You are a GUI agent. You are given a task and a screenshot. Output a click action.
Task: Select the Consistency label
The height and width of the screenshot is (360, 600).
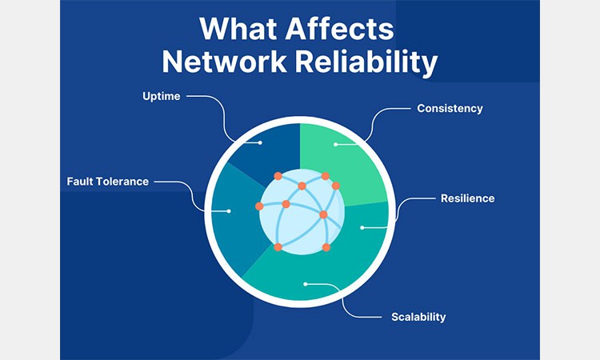[x=450, y=108]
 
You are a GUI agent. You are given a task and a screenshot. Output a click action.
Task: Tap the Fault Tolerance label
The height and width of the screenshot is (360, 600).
[x=107, y=181]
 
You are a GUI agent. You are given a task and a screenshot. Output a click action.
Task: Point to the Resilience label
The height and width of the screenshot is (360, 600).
[x=467, y=198]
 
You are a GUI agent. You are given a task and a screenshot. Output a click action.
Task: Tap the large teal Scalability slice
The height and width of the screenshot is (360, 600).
[x=320, y=272]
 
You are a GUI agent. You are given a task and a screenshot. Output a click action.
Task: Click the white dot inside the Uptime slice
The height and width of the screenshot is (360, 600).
[x=261, y=143]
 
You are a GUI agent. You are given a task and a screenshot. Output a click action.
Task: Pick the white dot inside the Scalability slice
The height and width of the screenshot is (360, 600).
[x=305, y=282]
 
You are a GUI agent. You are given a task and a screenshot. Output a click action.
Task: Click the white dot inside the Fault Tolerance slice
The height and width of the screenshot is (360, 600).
[x=230, y=211]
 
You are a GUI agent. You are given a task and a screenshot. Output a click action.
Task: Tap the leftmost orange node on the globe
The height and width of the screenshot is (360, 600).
[x=259, y=206]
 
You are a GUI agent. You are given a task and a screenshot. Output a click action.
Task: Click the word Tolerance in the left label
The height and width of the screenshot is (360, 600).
[x=122, y=181]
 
